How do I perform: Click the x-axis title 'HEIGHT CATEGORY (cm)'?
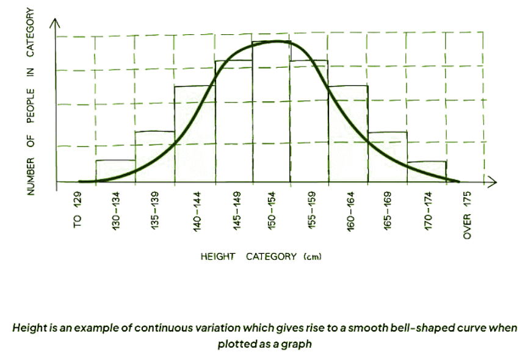(x=261, y=256)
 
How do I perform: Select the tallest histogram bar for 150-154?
(x=271, y=113)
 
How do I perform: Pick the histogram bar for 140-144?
(x=195, y=134)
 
